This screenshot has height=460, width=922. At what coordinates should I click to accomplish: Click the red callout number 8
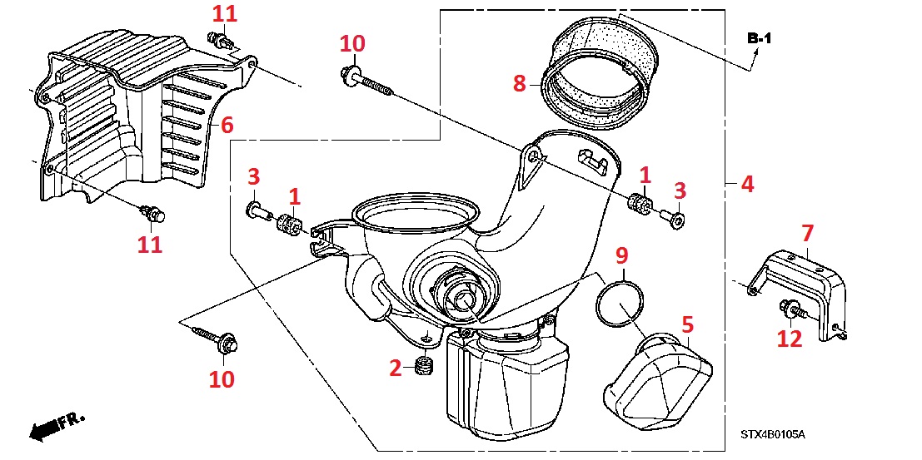pyautogui.click(x=520, y=83)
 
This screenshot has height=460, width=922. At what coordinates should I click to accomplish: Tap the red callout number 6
pyautogui.click(x=227, y=125)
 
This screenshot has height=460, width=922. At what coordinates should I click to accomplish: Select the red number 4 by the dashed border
pyautogui.click(x=747, y=184)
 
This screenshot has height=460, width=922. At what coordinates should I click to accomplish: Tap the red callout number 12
pyautogui.click(x=790, y=339)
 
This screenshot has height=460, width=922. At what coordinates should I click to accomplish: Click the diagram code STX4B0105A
pyautogui.click(x=774, y=434)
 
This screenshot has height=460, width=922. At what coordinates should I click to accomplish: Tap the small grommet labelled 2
pyautogui.click(x=422, y=367)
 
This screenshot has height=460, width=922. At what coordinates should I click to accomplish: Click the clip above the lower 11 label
pyautogui.click(x=152, y=214)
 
